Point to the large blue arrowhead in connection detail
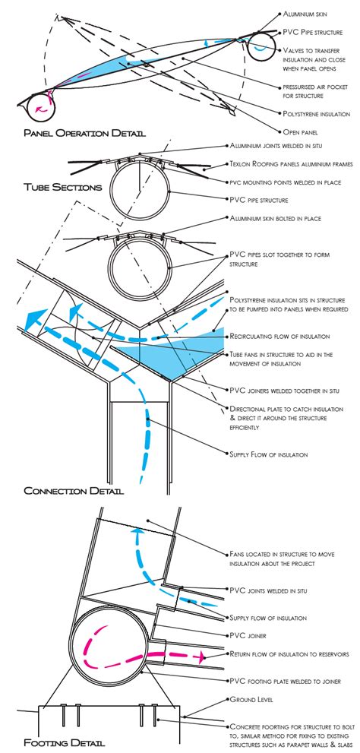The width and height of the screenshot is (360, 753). point(30,318)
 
